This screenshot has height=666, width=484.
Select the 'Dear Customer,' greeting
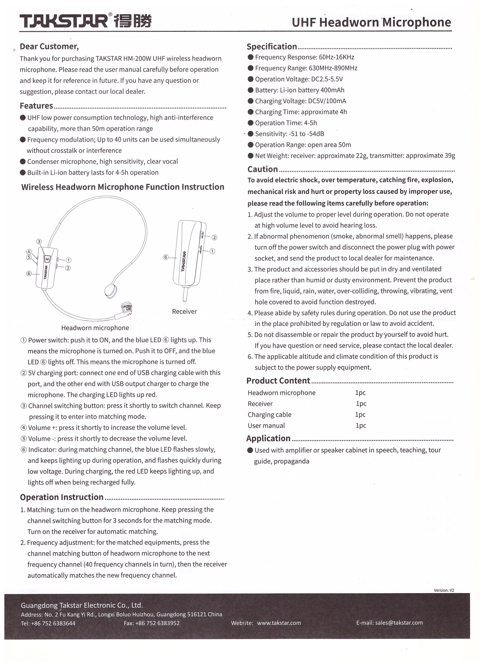coord(49,46)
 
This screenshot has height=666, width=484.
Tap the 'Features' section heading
coord(36,106)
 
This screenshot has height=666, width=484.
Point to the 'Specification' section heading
coord(272,47)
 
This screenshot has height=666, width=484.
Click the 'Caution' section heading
coord(262,169)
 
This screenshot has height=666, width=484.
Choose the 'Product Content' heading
coord(278,381)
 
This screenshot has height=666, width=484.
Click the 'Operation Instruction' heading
coord(62,497)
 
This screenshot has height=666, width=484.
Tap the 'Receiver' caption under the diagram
coord(184,312)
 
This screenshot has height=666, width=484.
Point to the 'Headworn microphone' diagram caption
coord(95,328)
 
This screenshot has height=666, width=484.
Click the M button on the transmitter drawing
coord(47,259)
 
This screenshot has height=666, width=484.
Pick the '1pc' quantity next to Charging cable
coord(360,415)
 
